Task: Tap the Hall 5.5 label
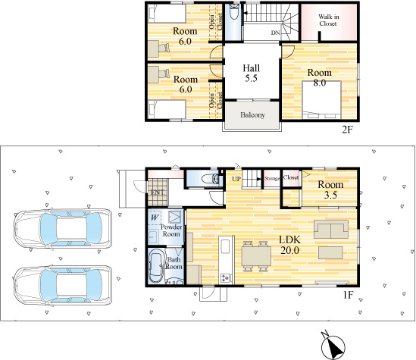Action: point(250,72)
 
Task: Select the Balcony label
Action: point(252,114)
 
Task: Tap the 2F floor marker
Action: point(347,130)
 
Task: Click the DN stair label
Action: point(274,33)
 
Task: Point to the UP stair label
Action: point(236,179)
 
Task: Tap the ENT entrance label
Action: point(156,193)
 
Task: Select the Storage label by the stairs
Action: point(272,179)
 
